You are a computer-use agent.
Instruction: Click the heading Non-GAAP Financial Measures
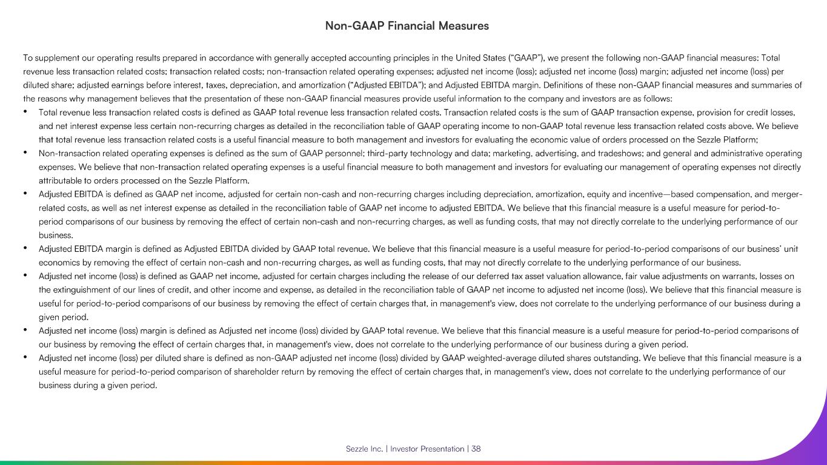(407, 26)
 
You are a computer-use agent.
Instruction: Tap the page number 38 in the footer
(476, 449)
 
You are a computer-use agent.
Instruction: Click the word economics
(59, 262)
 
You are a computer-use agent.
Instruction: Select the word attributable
(61, 180)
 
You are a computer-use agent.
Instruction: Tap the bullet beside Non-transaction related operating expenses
(25, 153)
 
